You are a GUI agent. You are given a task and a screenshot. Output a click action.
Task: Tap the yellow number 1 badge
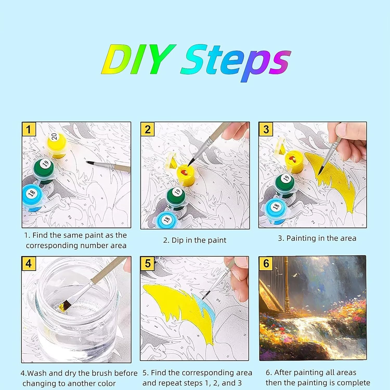[x=29, y=129]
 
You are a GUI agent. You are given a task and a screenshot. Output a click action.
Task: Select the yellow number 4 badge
[x=29, y=263]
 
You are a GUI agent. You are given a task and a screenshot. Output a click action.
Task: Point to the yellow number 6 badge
[x=266, y=263]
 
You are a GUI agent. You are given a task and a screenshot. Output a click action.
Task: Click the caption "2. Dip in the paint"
[x=195, y=240]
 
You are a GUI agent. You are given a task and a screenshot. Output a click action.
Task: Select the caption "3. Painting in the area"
[x=317, y=238]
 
